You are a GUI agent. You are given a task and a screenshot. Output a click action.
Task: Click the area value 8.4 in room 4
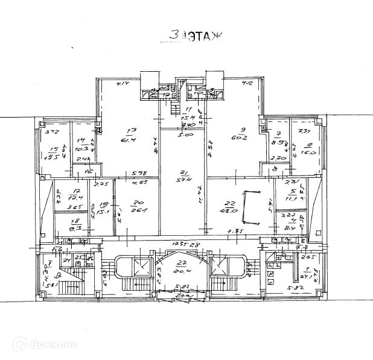(x=289, y=228)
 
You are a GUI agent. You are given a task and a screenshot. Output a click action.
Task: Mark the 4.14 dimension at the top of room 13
(x=124, y=83)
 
